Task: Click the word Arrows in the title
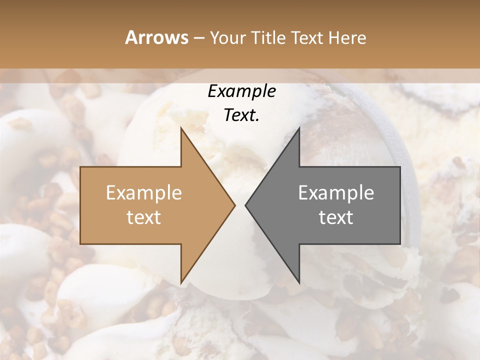[x=156, y=37]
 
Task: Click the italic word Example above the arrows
[x=241, y=91]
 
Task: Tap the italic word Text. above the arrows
[x=241, y=115]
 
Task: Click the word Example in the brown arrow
[x=144, y=193]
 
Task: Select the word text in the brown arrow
[x=144, y=217]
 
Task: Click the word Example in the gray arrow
[x=336, y=193]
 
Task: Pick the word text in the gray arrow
[x=336, y=217]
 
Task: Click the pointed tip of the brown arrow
[x=234, y=205]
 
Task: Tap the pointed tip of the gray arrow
[x=245, y=205]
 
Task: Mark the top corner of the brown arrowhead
[x=181, y=128]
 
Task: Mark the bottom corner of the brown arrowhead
[x=181, y=282]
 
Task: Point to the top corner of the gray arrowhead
[x=299, y=128]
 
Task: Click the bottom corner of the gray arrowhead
[x=299, y=282]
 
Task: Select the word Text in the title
[x=306, y=37]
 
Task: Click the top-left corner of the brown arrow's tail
[x=80, y=167]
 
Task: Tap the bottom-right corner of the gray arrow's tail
[x=399, y=243]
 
